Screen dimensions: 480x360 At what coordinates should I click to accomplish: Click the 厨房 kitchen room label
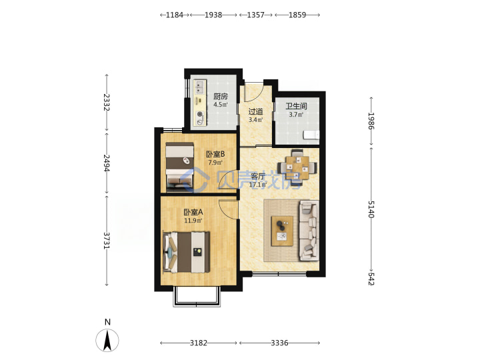[221, 97]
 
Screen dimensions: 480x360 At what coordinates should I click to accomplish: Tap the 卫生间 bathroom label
[296, 106]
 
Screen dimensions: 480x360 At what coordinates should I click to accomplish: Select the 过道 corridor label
[255, 111]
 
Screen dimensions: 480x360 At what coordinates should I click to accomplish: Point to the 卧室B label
[215, 154]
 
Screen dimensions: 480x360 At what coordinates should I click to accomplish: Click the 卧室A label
[193, 212]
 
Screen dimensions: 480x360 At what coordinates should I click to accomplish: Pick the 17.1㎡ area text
[258, 185]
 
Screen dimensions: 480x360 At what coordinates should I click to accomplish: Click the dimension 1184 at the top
[175, 15]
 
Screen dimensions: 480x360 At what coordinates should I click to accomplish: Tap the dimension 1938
[213, 15]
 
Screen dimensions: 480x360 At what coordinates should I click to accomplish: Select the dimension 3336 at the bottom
[279, 343]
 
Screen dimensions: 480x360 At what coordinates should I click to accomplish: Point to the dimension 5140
[371, 209]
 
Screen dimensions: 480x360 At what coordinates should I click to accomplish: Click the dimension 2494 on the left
[106, 163]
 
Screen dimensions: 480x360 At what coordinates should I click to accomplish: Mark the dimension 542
[371, 279]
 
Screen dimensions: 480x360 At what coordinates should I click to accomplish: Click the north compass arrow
[107, 340]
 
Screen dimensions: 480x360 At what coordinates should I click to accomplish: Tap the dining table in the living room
[297, 168]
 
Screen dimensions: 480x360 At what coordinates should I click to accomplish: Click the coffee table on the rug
[282, 231]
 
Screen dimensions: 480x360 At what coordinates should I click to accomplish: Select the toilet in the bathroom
[311, 135]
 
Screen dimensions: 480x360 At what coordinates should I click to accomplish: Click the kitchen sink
[200, 87]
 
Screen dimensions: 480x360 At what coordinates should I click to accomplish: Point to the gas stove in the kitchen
[200, 118]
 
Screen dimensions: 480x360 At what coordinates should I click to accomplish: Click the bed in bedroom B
[180, 165]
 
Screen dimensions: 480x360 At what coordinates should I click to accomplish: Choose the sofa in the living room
[309, 231]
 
